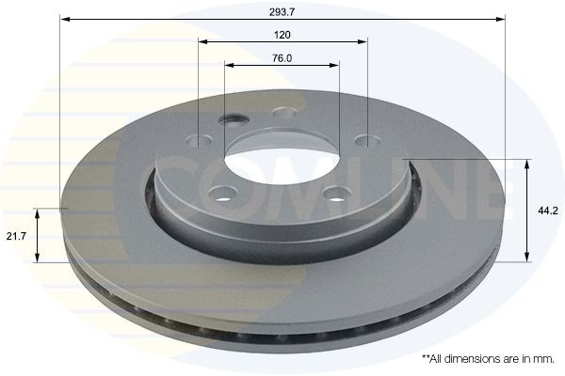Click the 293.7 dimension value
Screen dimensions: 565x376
282,12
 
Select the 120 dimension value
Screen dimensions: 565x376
282,35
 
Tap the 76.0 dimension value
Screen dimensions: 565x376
282,58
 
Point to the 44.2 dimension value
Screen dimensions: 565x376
548,211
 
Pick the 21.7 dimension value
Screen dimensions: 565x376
16,236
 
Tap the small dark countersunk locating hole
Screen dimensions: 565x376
234,119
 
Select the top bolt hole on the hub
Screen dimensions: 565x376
284,113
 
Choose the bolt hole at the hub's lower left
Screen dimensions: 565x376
223,194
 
